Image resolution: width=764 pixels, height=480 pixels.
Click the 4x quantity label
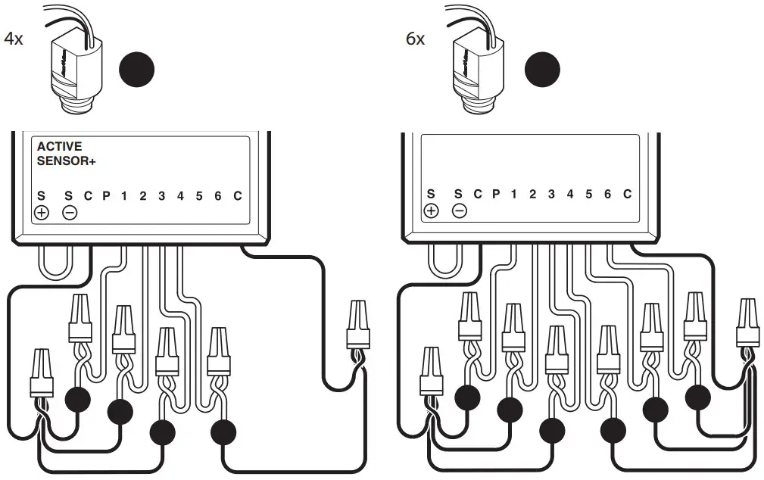pyautogui.click(x=14, y=39)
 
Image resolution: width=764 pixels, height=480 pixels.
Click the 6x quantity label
pyautogui.click(x=416, y=39)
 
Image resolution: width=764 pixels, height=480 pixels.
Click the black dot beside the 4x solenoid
pyautogui.click(x=137, y=70)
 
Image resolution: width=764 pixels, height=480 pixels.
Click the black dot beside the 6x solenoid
pyautogui.click(x=543, y=70)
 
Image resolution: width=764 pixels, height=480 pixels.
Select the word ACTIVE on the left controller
pyautogui.click(x=59, y=147)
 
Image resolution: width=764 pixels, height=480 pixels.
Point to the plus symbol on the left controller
pyautogui.click(x=42, y=212)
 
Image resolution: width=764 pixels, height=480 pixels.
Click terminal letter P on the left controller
pyautogui.click(x=106, y=196)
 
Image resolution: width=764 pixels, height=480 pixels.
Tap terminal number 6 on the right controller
pyautogui.click(x=607, y=195)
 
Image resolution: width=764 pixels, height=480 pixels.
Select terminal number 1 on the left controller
pyautogui.click(x=124, y=196)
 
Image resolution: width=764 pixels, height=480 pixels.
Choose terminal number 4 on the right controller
pyautogui.click(x=569, y=195)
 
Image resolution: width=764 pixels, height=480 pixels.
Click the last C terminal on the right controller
pyautogui.click(x=627, y=195)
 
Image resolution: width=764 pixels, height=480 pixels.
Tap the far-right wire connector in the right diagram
pyautogui.click(x=747, y=321)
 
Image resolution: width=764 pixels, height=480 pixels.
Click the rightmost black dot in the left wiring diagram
pyautogui.click(x=223, y=432)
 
